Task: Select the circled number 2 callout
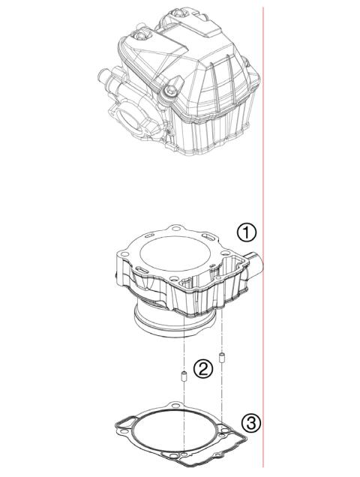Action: click(x=202, y=368)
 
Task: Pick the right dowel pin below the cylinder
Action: click(x=222, y=355)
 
